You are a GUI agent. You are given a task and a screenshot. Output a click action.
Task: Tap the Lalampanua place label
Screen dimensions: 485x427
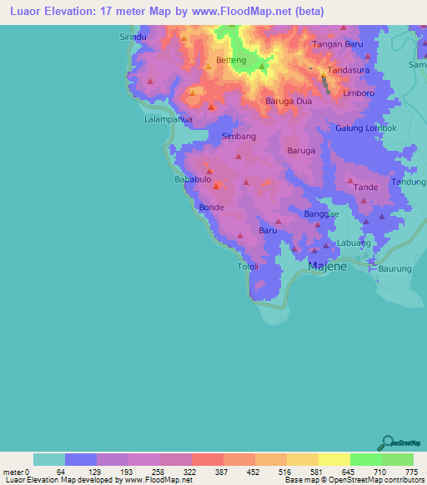[x=168, y=119]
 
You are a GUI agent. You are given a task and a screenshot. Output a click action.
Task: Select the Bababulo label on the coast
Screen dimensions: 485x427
[x=191, y=179]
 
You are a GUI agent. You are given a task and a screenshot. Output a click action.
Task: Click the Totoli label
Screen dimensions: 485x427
[x=249, y=267]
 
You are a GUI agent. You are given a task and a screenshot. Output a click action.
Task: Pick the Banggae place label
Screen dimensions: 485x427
[x=321, y=214]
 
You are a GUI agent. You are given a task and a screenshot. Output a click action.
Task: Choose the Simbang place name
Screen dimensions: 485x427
[x=239, y=136]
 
